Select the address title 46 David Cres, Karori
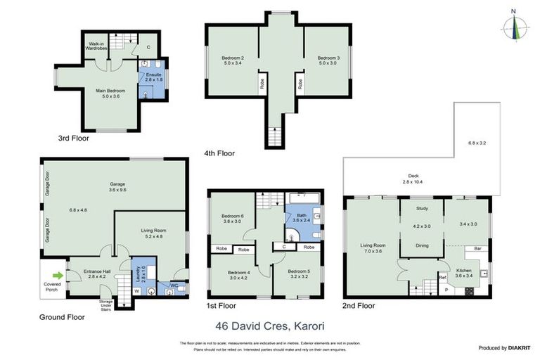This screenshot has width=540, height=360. click(x=269, y=326)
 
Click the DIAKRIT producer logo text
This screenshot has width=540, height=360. click(x=517, y=347)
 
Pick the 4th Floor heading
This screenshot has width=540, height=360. click(x=219, y=153)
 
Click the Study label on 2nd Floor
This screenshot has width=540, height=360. click(x=422, y=208)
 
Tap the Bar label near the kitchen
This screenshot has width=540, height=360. click(x=477, y=248)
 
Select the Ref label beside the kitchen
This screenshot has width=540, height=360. click(x=443, y=278)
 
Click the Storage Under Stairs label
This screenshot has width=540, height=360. click(x=107, y=304)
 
